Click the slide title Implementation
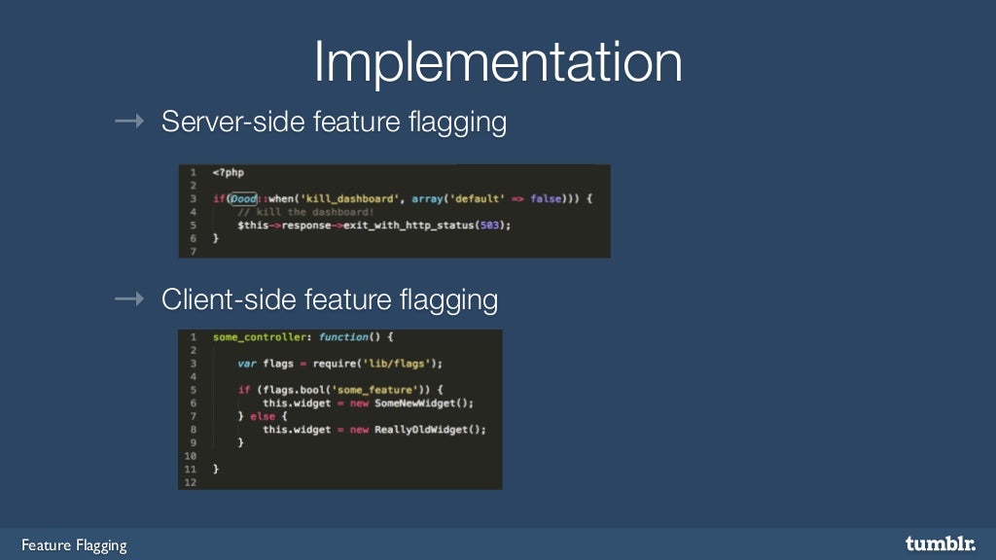[x=497, y=62]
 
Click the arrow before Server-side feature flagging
[x=129, y=122]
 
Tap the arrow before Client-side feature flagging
[x=129, y=299]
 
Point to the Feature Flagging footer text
[x=75, y=544]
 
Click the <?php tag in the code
[x=229, y=172]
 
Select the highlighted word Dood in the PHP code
[x=243, y=198]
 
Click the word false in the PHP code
[x=547, y=198]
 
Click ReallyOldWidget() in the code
[x=430, y=429]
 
